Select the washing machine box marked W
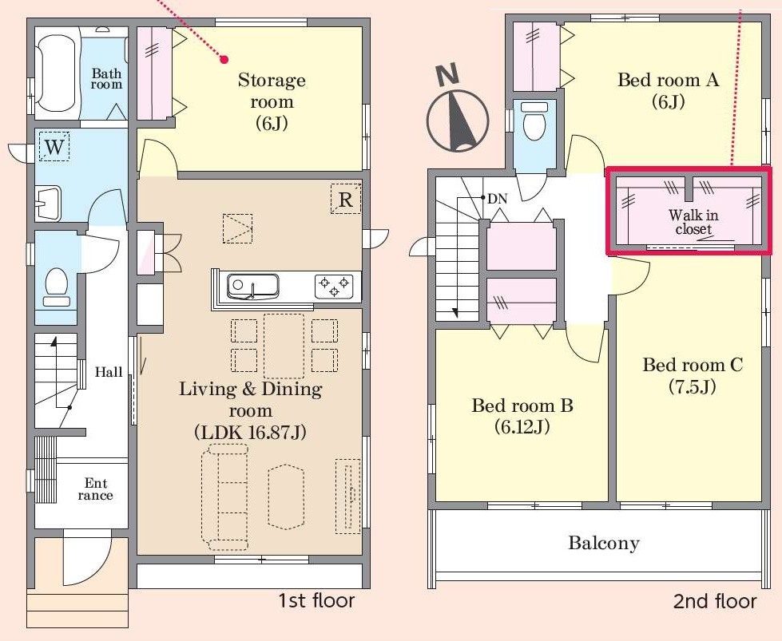pos(54,146)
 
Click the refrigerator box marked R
pos(346,200)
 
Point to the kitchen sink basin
pos(252,287)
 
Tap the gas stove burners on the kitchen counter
pos(334,287)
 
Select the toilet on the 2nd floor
pos(534,121)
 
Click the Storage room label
pos(272,101)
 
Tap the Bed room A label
pos(669,90)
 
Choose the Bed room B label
pos(522,416)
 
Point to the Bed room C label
pos(693,375)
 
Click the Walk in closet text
pos(693,222)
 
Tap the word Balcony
pos(603,543)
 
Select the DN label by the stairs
pos(497,199)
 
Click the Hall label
pos(109,372)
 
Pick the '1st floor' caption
pos(316,600)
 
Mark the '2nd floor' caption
pos(715,602)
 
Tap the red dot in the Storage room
pos(224,60)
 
